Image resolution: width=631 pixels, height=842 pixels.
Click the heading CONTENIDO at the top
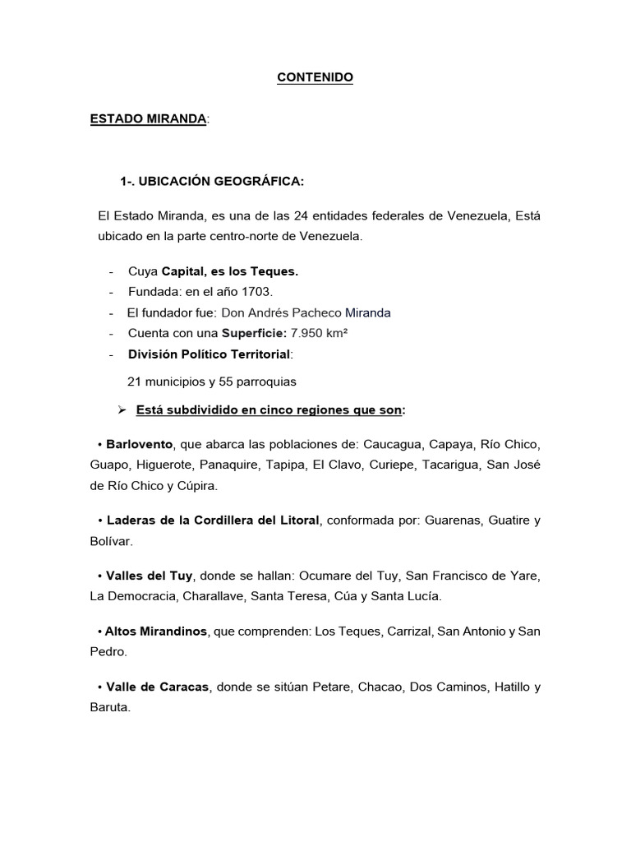point(315,77)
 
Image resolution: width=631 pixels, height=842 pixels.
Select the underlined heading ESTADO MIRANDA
point(148,119)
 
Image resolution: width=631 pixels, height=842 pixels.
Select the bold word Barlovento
point(140,444)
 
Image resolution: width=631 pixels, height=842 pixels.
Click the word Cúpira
point(193,486)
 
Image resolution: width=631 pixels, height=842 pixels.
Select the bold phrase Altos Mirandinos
point(156,631)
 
